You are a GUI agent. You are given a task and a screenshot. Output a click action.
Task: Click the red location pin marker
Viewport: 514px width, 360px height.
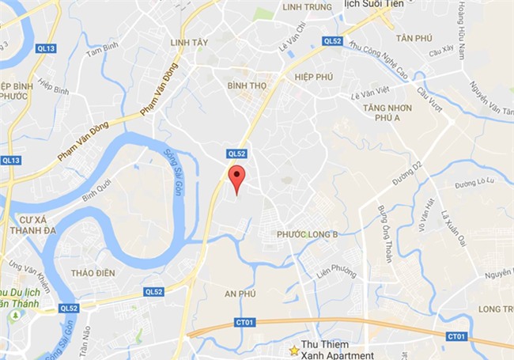pyautogui.click(x=236, y=177)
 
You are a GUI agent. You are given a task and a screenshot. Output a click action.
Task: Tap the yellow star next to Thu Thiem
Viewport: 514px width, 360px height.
pyautogui.click(x=294, y=349)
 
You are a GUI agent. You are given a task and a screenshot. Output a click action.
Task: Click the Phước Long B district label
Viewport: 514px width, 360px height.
pyautogui.click(x=308, y=234)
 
